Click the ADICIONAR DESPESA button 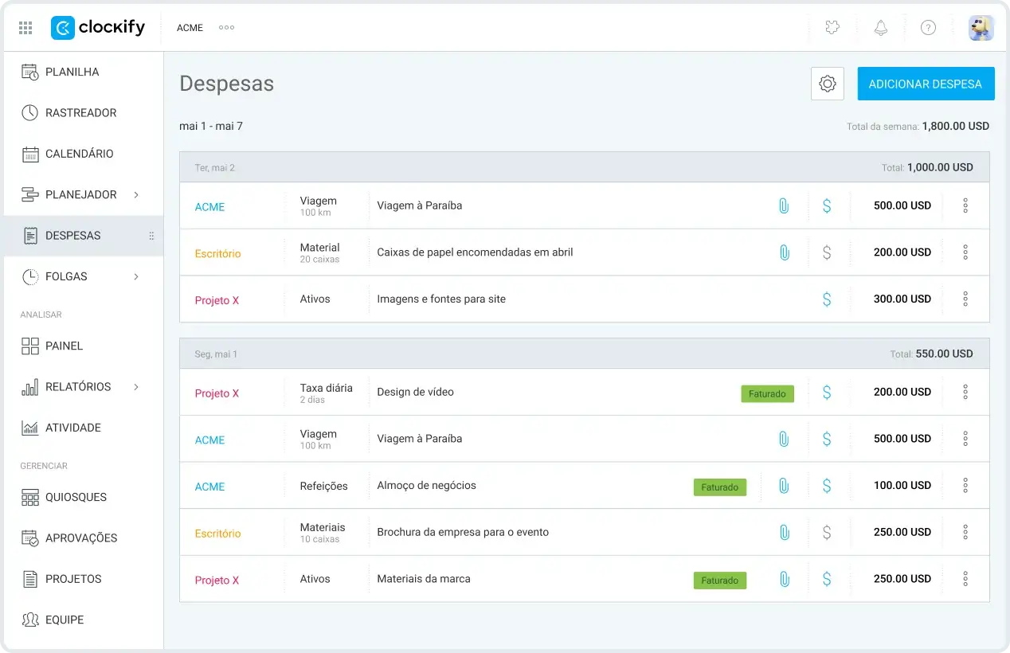point(926,84)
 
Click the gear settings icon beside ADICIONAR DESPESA point(828,84)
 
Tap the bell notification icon point(881,28)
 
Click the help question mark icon point(928,28)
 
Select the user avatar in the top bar point(981,28)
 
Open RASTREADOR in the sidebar point(80,112)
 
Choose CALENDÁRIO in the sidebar point(80,154)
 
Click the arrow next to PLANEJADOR point(136,194)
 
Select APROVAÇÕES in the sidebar point(81,538)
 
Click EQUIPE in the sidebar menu point(65,620)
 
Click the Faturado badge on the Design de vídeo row point(767,394)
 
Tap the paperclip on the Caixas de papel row point(785,252)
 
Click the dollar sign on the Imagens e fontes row point(827,299)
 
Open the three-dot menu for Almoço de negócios point(965,485)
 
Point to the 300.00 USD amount point(902,299)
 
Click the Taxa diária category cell point(327,393)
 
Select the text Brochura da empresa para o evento point(463,532)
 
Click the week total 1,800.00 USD point(956,126)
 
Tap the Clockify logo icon point(63,28)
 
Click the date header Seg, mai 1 point(216,354)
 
